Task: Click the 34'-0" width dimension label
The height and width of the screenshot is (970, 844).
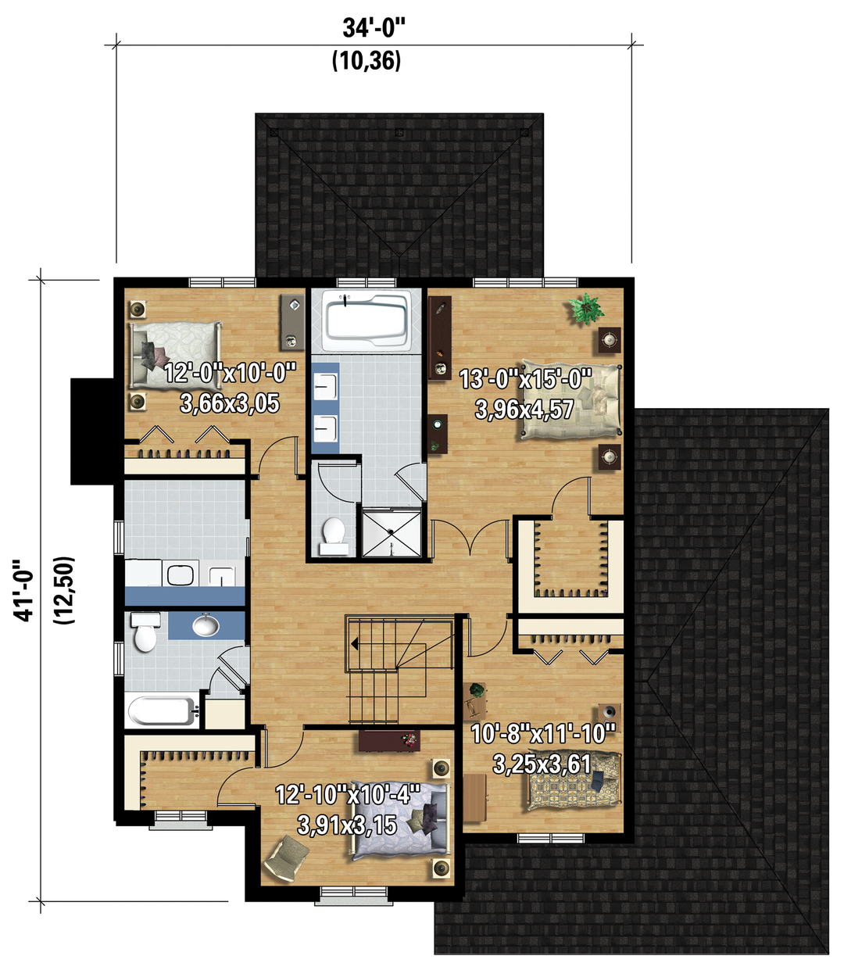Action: coord(374,28)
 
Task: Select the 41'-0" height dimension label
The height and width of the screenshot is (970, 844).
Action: coord(23,590)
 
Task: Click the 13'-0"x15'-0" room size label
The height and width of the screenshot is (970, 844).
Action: coord(525,379)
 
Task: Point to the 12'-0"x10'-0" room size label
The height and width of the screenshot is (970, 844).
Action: coord(230,373)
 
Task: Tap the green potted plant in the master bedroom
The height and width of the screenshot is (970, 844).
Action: coord(587,309)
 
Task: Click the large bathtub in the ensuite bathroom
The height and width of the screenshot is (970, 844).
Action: coord(366,320)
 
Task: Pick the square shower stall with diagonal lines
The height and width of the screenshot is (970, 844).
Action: coord(392,532)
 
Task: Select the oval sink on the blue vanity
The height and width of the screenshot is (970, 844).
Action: coord(206,625)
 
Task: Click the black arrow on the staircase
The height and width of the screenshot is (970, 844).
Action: coord(354,644)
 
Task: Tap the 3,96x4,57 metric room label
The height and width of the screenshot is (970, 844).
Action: coord(524,410)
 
